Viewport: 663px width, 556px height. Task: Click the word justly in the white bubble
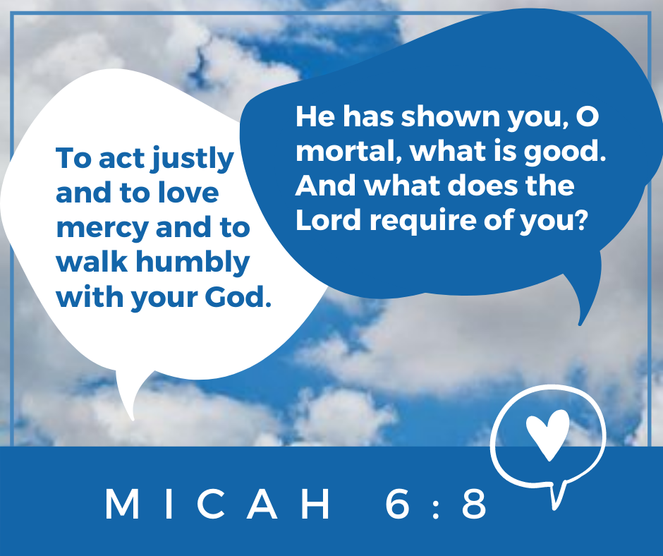193,159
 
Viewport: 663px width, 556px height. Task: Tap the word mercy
102,229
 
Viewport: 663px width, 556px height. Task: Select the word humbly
193,262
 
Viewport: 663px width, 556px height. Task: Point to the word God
238,297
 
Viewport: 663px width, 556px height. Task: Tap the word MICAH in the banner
218,504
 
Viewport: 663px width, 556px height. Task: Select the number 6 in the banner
398,504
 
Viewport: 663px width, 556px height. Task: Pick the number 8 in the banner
474,504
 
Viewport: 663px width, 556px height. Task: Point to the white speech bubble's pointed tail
133,419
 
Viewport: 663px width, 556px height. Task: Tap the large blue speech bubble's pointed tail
580,324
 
